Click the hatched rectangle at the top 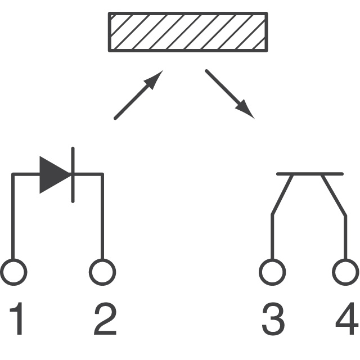click(188, 31)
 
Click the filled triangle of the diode click(54, 174)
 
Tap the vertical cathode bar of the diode click(73, 174)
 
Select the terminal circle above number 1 click(13, 272)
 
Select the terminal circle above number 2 click(102, 272)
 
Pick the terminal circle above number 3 click(272, 272)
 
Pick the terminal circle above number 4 click(345, 272)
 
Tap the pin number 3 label click(273, 319)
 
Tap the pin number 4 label click(346, 319)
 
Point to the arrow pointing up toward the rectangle click(138, 95)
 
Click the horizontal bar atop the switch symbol click(310, 174)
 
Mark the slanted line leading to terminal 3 click(282, 194)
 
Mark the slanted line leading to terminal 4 click(333, 194)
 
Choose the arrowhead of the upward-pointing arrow click(155, 79)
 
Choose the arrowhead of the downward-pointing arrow click(245, 110)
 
